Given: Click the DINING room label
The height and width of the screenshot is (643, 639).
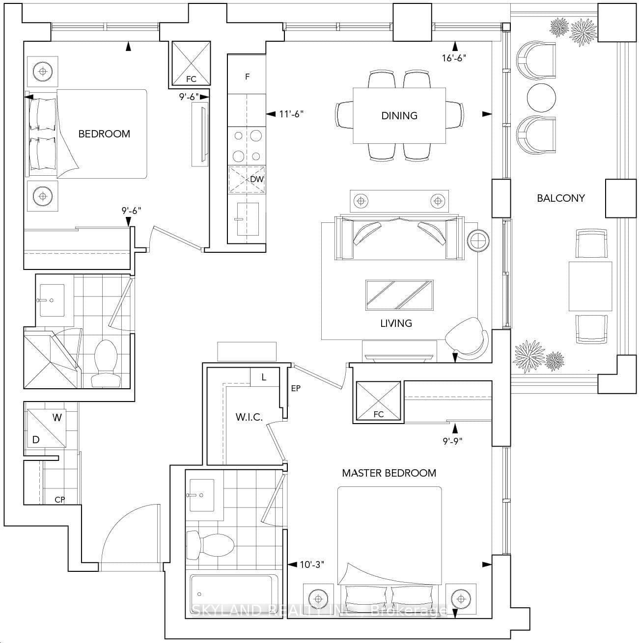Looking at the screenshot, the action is click(x=399, y=116).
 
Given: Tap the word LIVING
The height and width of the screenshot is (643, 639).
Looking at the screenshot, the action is click(x=396, y=323).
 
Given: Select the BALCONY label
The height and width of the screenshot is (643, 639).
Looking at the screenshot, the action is click(x=561, y=198).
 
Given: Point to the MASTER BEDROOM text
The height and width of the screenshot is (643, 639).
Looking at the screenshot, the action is click(x=389, y=473).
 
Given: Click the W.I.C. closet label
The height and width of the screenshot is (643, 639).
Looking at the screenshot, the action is click(x=249, y=417).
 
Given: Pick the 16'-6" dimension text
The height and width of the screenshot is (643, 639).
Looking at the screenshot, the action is click(x=454, y=58).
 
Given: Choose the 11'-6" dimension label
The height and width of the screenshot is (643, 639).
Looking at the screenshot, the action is click(x=291, y=114).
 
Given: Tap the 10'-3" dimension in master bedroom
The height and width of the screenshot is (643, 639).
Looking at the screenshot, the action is click(x=312, y=564).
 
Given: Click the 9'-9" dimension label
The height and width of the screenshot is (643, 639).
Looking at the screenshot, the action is click(x=453, y=441).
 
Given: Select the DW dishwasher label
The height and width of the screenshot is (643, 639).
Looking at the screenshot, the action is click(x=257, y=179).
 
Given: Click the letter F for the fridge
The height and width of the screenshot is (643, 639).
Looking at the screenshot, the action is click(x=247, y=77).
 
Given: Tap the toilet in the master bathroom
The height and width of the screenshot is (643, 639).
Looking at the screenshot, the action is click(x=210, y=545).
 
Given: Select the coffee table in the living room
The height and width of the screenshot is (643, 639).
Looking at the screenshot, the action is click(x=399, y=295).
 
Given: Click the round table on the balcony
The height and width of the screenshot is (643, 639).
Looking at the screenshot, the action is click(x=541, y=98).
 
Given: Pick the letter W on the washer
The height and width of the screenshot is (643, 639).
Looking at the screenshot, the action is click(x=57, y=417).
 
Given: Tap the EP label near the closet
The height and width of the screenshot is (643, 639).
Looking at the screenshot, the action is click(x=296, y=388).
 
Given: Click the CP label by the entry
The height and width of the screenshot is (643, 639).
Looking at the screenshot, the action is click(x=60, y=500).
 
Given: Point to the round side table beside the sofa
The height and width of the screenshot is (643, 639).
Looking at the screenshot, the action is click(x=478, y=240).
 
